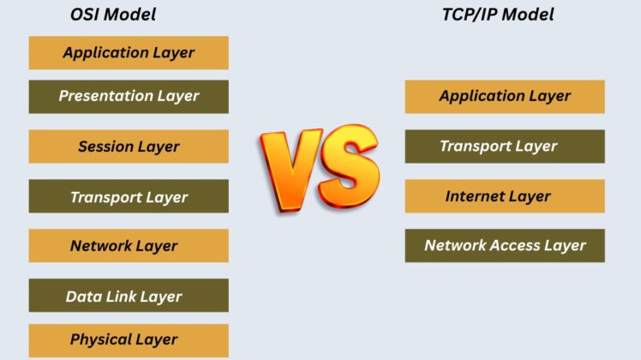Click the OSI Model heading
[x=112, y=15]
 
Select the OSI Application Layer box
[x=129, y=52]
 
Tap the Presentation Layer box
[x=129, y=96]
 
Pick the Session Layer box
[x=129, y=146]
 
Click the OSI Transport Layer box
[x=129, y=196]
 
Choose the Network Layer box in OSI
[x=129, y=246]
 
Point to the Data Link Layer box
[x=129, y=297]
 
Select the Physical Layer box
[x=129, y=339]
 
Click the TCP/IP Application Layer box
[x=505, y=96]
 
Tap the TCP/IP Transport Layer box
[x=505, y=146]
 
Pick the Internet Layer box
[x=505, y=196]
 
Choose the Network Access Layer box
[x=505, y=246]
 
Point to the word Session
[x=106, y=146]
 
